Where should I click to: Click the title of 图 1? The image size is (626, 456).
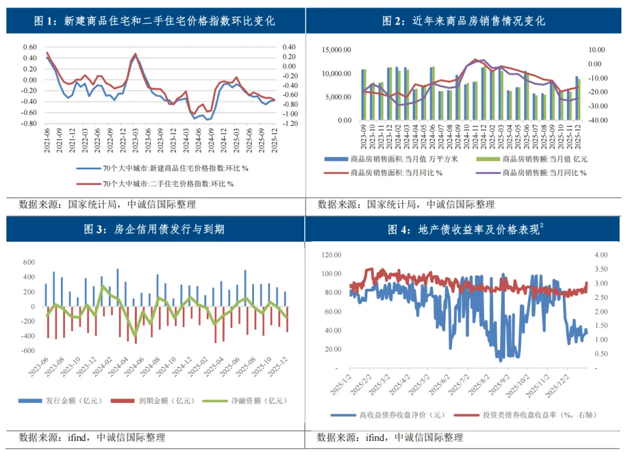pyautogui.click(x=155, y=21)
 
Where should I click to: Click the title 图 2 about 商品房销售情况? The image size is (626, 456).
pyautogui.click(x=464, y=21)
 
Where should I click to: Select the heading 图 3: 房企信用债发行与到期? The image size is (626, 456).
pyautogui.click(x=154, y=229)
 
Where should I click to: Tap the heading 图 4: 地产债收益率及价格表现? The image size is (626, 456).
pyautogui.click(x=465, y=229)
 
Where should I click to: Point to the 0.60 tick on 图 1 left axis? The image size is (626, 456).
pyautogui.click(x=30, y=47)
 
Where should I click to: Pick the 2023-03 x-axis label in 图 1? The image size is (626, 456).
pyautogui.click(x=135, y=140)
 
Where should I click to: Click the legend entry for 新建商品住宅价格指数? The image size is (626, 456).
pyautogui.click(x=162, y=168)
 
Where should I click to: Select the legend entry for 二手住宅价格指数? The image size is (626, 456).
pyautogui.click(x=155, y=184)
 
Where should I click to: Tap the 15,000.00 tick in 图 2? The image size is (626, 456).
pyautogui.click(x=337, y=50)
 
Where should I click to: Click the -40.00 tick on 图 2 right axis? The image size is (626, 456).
pyautogui.click(x=598, y=120)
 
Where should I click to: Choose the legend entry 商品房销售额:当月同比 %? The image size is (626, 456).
pyautogui.click(x=531, y=173)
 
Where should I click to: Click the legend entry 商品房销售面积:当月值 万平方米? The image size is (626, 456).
pyautogui.click(x=391, y=159)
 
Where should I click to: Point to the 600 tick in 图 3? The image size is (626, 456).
pyautogui.click(x=29, y=262)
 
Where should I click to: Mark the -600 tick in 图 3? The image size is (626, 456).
pyautogui.click(x=28, y=350)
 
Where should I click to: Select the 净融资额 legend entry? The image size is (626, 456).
pyautogui.click(x=245, y=401)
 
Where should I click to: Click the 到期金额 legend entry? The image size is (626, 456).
pyautogui.click(x=152, y=401)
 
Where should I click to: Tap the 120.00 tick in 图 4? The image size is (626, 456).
pyautogui.click(x=332, y=255)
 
